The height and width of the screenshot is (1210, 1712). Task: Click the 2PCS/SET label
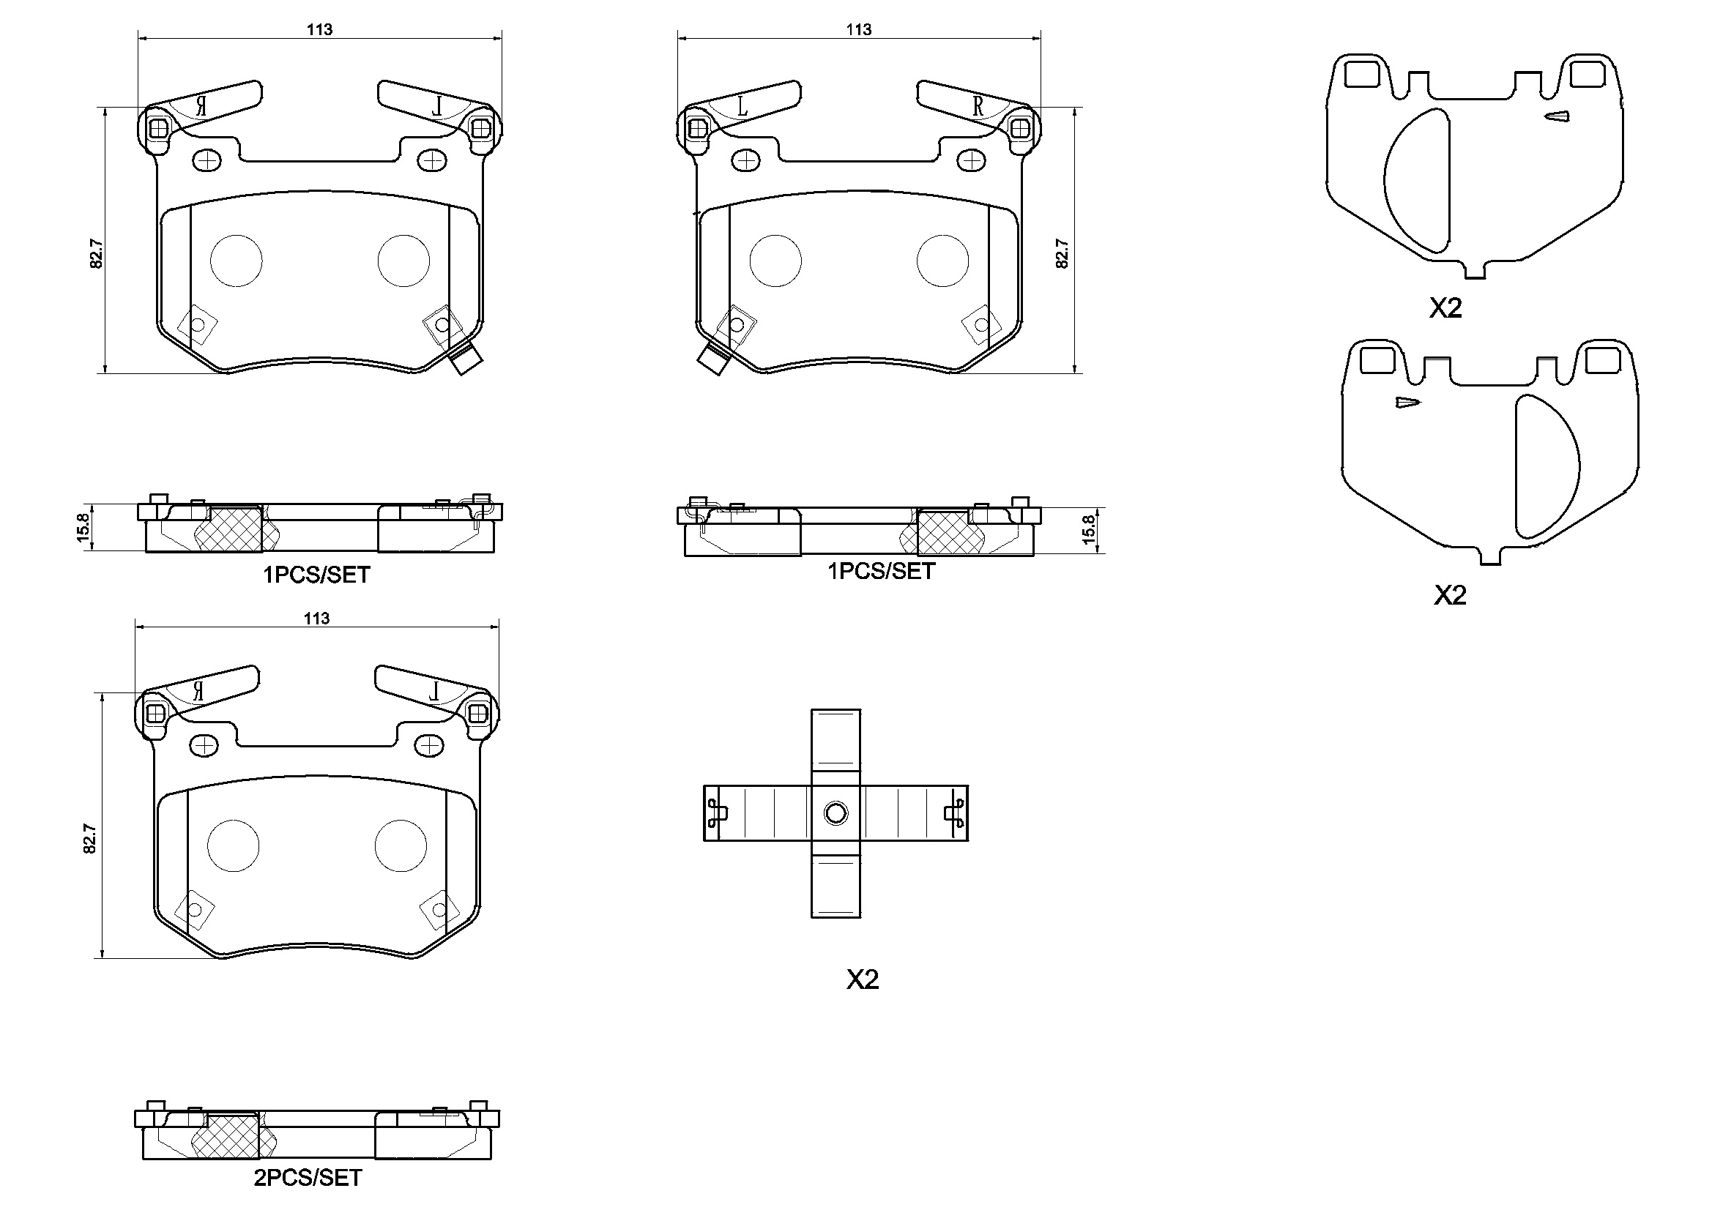[308, 1177]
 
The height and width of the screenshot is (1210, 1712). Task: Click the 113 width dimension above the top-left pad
[319, 30]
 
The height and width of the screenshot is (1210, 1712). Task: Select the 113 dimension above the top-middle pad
[858, 30]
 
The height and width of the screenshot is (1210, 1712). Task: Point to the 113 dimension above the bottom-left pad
[316, 618]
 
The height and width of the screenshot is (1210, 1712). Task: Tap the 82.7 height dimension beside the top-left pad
[96, 253]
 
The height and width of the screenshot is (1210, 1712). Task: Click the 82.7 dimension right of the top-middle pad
[1062, 253]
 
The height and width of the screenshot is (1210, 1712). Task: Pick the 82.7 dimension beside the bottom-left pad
[90, 838]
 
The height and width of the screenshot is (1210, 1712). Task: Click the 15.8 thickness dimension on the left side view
[83, 527]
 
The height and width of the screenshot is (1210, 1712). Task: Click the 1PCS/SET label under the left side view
[316, 575]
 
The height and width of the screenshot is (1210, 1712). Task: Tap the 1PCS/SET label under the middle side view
[881, 571]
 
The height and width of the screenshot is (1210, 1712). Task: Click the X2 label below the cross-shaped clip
[862, 979]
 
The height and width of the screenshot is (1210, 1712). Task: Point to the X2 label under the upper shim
[1445, 308]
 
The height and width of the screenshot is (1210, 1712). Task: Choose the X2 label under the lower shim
[1450, 595]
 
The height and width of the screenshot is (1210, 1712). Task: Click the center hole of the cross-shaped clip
[836, 813]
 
